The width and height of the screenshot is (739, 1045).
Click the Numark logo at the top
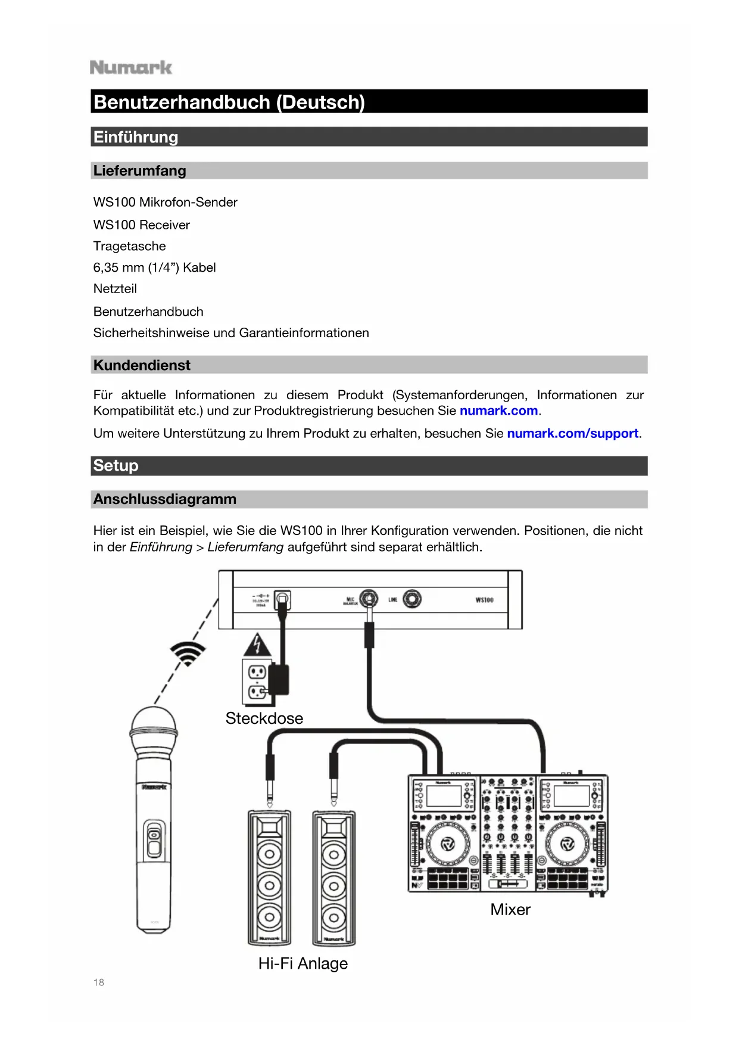pyautogui.click(x=131, y=67)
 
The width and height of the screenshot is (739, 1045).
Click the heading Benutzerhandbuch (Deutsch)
pyautogui.click(x=229, y=102)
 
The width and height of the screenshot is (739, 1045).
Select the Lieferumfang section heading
pyautogui.click(x=140, y=171)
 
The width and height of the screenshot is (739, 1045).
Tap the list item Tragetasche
pyautogui.click(x=130, y=246)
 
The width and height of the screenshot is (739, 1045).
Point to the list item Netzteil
pyautogui.click(x=116, y=289)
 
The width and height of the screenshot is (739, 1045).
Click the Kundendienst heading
pyautogui.click(x=142, y=365)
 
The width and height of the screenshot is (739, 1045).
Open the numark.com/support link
pyautogui.click(x=572, y=434)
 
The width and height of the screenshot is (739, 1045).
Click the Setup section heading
pyautogui.click(x=116, y=466)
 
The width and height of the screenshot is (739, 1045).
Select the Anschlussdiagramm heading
pyautogui.click(x=165, y=499)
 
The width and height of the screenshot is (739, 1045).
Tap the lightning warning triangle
pyautogui.click(x=257, y=645)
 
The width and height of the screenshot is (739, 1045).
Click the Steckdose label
pyautogui.click(x=264, y=719)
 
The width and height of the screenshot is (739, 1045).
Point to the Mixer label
pyautogui.click(x=510, y=910)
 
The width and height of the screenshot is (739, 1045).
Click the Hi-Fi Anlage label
pyautogui.click(x=303, y=963)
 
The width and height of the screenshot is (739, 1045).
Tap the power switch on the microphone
pyautogui.click(x=154, y=839)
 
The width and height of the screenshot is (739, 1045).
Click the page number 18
pyautogui.click(x=99, y=982)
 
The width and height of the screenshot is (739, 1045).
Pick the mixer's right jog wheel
pyautogui.click(x=567, y=844)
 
